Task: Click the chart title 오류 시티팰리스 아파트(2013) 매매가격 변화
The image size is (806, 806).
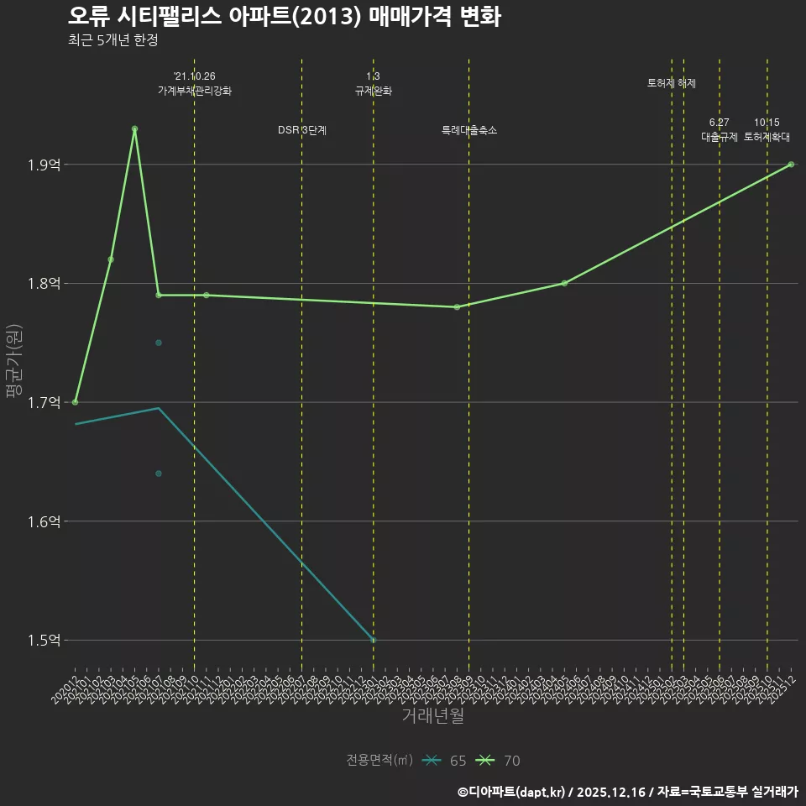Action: click(284, 17)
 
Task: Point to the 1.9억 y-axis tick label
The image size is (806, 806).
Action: click(44, 165)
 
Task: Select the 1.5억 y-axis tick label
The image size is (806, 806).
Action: click(44, 641)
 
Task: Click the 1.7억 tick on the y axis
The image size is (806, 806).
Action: click(44, 403)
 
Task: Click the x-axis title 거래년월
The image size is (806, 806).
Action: click(432, 716)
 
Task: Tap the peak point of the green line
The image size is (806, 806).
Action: click(134, 129)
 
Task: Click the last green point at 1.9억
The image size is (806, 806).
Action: click(791, 165)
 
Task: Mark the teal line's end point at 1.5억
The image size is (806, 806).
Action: click(374, 640)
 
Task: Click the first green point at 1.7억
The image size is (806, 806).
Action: click(76, 402)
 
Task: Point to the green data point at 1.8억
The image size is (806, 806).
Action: click(564, 283)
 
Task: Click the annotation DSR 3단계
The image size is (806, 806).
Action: click(302, 131)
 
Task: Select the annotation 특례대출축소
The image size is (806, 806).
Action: click(469, 131)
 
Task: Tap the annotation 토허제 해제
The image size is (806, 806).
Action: click(672, 83)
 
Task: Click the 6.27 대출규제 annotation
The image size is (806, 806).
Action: click(720, 130)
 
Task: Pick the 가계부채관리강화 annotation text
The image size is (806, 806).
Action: click(195, 91)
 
